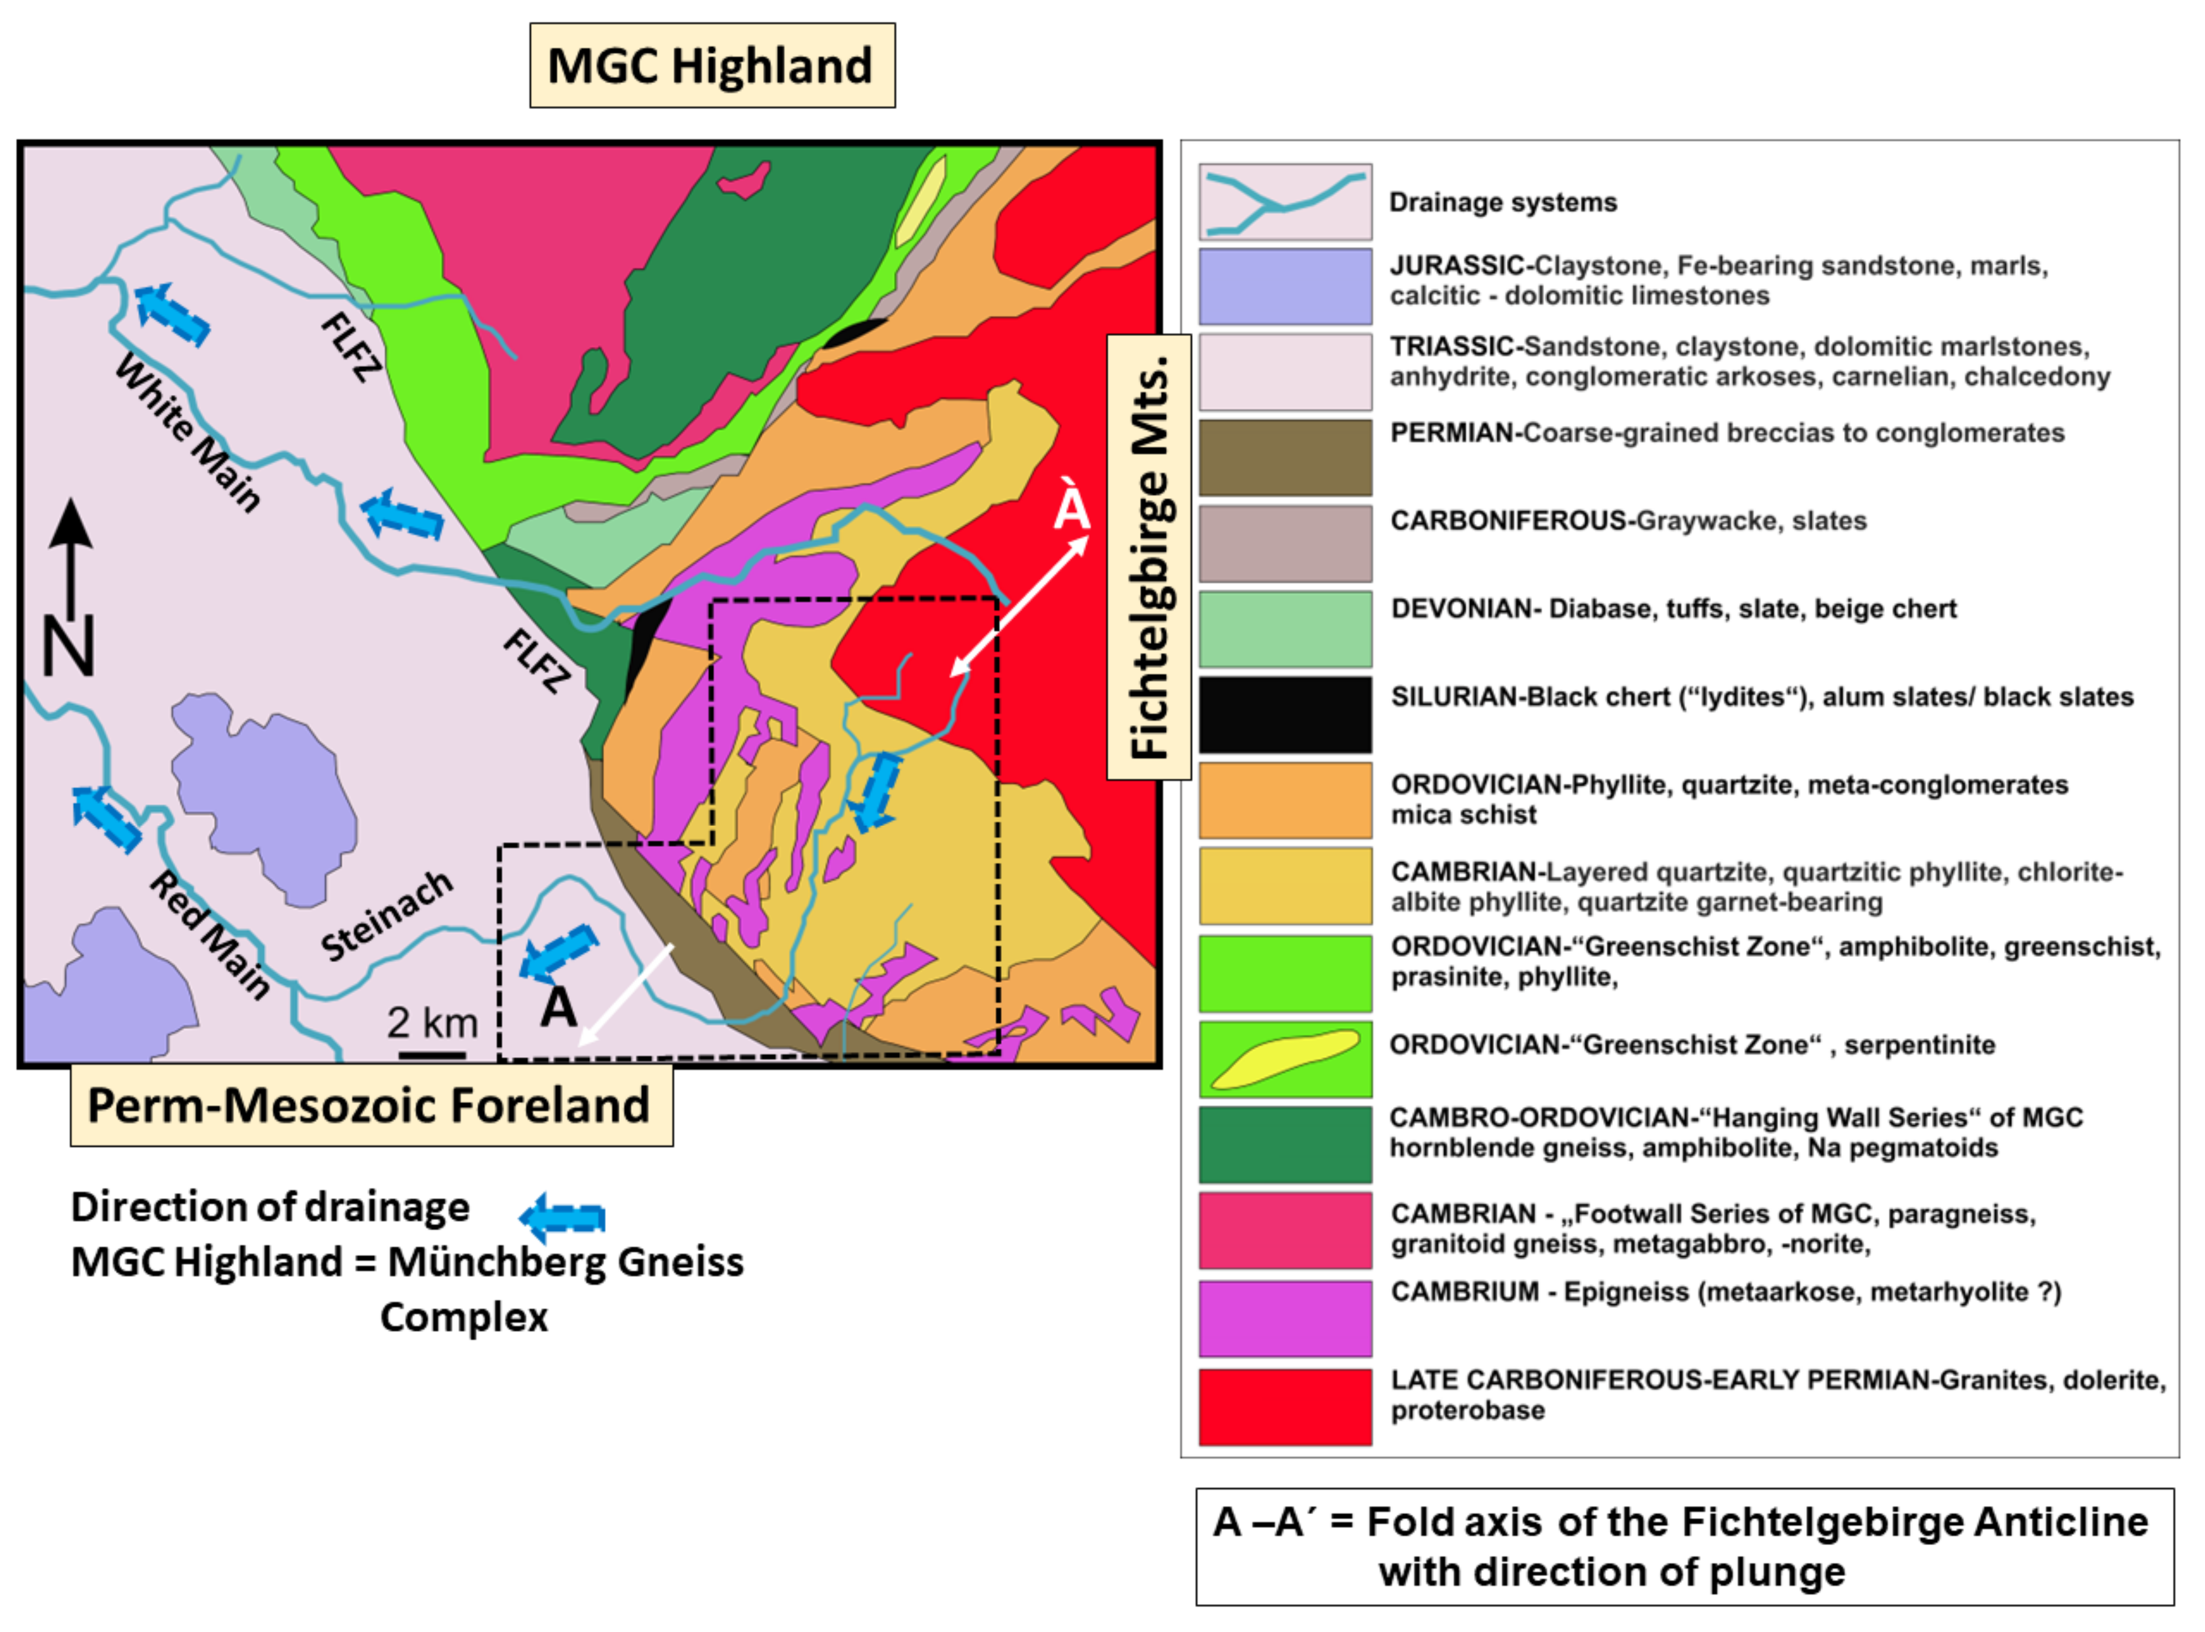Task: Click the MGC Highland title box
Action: pos(712,65)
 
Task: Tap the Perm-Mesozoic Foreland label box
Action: pos(371,1105)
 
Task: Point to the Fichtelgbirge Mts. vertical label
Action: pos(1148,558)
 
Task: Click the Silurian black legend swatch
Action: pos(1285,714)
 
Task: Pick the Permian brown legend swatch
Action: pos(1285,457)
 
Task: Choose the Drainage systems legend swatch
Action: pos(1285,202)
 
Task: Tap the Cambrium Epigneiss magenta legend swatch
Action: pos(1285,1318)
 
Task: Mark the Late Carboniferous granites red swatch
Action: pos(1285,1406)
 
